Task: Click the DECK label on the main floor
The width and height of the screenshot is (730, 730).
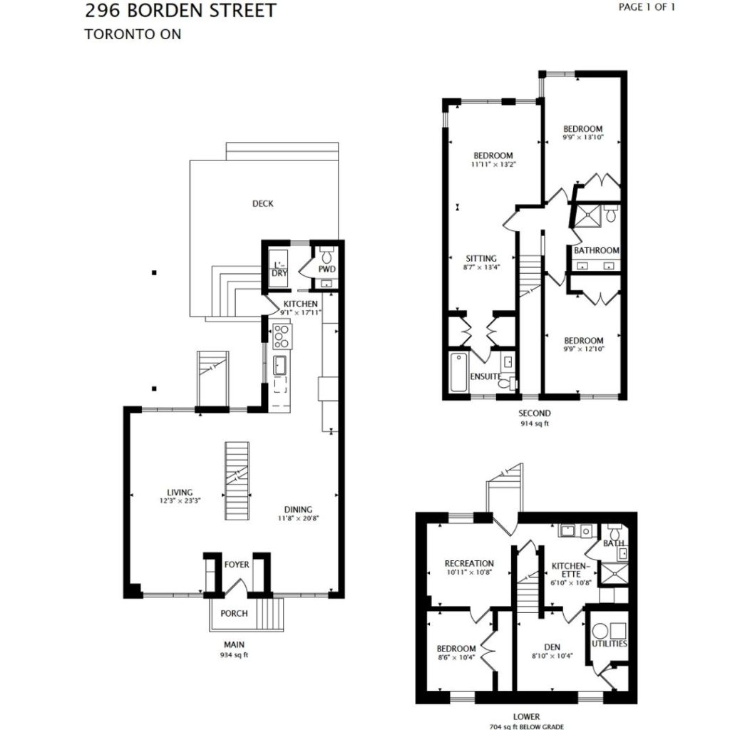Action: click(x=262, y=203)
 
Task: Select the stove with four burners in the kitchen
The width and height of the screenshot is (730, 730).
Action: click(x=282, y=336)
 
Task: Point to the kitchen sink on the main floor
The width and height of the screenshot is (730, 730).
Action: click(x=279, y=366)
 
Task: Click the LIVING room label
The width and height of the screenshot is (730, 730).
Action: click(x=180, y=492)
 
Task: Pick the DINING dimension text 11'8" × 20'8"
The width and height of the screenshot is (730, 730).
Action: click(x=299, y=518)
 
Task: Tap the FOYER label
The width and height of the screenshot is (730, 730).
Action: click(x=237, y=565)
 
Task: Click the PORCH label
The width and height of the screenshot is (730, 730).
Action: click(x=234, y=613)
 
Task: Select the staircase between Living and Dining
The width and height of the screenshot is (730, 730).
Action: click(x=237, y=481)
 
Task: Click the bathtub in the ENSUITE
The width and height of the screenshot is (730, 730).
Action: click(x=459, y=372)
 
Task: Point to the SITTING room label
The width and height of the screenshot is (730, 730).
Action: click(x=481, y=258)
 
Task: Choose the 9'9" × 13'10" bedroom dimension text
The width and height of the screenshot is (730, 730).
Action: click(x=583, y=138)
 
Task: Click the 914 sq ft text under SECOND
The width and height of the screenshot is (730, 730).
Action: click(x=535, y=423)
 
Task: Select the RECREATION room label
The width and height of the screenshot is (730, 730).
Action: click(x=469, y=563)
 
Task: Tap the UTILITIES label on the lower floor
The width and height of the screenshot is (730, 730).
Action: click(x=610, y=644)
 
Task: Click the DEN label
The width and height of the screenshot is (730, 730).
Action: click(x=552, y=647)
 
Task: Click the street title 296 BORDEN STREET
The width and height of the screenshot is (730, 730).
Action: click(x=180, y=11)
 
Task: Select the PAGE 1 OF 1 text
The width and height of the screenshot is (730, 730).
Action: click(x=647, y=7)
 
